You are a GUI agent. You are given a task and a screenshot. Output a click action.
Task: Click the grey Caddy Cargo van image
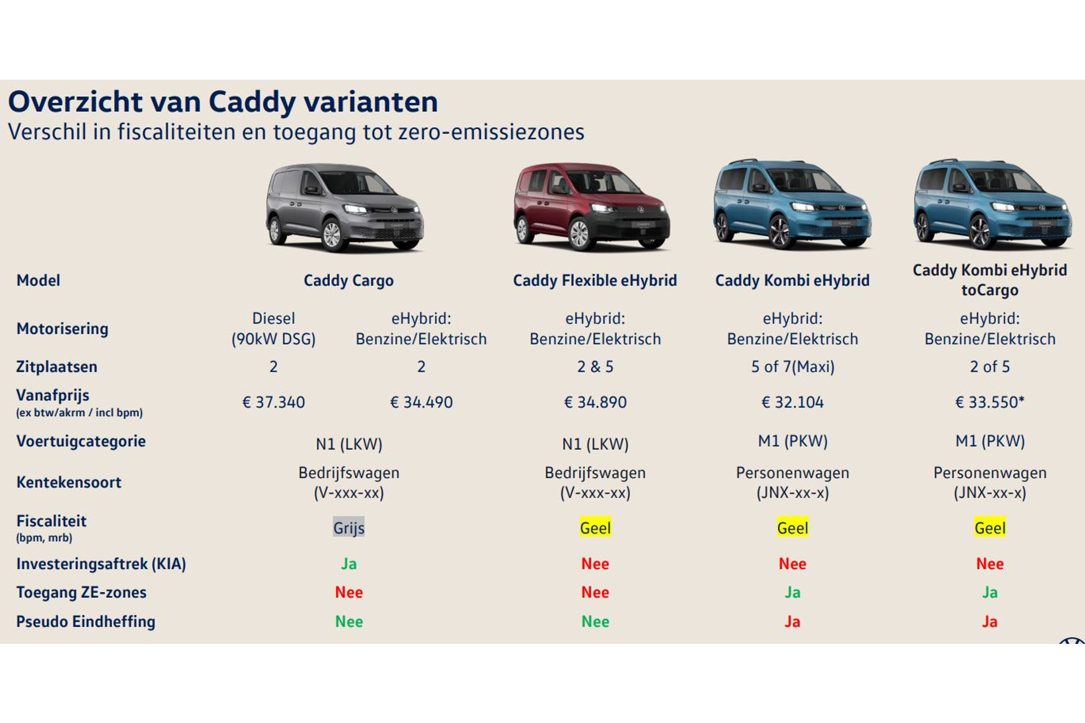click(x=345, y=208)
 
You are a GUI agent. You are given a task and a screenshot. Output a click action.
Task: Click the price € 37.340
click(x=274, y=402)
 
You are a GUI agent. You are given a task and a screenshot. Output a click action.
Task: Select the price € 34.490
click(x=422, y=402)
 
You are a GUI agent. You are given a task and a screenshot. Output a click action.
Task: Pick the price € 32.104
click(x=792, y=402)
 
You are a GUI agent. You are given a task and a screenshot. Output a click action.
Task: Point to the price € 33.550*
click(x=989, y=402)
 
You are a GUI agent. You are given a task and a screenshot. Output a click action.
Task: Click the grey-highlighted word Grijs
click(x=349, y=528)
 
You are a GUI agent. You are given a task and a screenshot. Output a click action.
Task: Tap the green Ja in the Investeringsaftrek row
click(x=349, y=564)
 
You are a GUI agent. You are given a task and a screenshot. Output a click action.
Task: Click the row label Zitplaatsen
click(x=57, y=367)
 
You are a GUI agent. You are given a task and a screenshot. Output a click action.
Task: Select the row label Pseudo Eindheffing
click(x=85, y=621)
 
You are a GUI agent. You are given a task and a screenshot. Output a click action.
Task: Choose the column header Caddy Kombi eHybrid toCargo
click(x=989, y=280)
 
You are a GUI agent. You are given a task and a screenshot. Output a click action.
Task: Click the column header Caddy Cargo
click(x=349, y=280)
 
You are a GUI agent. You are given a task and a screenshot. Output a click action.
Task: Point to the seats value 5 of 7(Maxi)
click(x=792, y=367)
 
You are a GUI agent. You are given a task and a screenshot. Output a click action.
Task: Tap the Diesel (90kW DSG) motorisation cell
click(x=274, y=328)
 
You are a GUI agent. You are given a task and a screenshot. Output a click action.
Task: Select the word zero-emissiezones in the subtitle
click(x=491, y=132)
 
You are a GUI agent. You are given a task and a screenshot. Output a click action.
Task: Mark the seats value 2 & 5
click(x=595, y=367)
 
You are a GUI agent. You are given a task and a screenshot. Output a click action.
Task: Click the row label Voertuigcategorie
click(x=81, y=441)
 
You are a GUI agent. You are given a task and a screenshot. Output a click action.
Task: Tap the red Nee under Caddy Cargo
click(x=349, y=592)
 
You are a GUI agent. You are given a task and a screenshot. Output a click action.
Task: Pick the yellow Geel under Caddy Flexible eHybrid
click(x=595, y=528)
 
